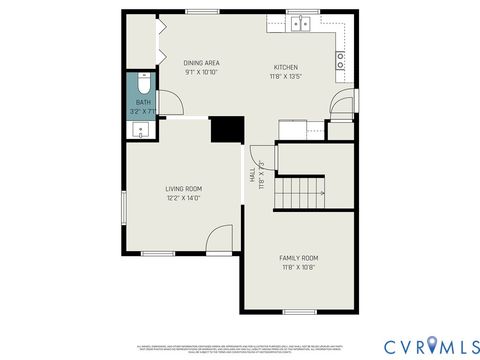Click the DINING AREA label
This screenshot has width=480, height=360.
tap(201, 63)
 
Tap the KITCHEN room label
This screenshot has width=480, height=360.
tap(285, 67)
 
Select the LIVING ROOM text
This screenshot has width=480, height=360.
tap(184, 188)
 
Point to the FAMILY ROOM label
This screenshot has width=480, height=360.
tap(298, 258)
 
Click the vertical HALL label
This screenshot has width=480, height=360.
tap(251, 174)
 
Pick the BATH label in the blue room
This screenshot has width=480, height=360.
tap(143, 101)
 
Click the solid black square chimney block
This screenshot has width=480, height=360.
tap(227, 130)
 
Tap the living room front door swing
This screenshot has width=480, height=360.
tap(213, 240)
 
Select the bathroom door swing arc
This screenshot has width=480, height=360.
tap(169, 101)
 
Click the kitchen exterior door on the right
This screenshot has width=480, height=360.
tap(346, 101)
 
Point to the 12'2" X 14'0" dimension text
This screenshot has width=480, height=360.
tap(184, 198)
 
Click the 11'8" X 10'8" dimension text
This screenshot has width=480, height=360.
tap(298, 267)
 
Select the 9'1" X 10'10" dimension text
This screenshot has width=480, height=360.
tap(201, 72)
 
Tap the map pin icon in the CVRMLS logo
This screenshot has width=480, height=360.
tap(432, 345)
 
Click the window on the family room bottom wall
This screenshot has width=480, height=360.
tap(299, 312)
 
